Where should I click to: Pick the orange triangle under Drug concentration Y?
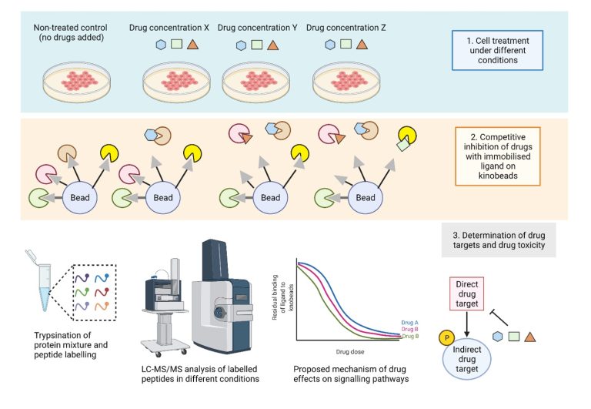point(272,45)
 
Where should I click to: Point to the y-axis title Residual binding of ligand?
point(282,295)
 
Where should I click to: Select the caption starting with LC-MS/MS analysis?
point(195,373)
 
